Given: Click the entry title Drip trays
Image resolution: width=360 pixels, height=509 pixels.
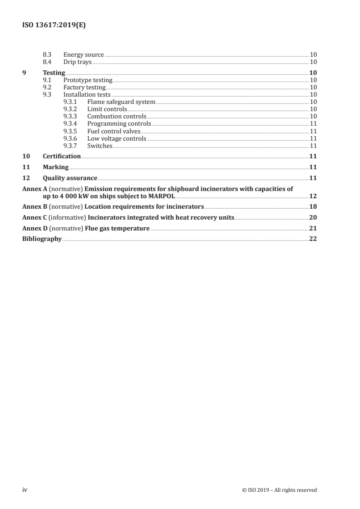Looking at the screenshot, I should [77, 62].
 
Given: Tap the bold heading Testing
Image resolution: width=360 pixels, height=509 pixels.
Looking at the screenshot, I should [54, 73].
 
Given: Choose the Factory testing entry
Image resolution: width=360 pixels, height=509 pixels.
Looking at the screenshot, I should [84, 87].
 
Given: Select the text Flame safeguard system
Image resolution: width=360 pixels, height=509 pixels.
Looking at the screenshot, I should [121, 102].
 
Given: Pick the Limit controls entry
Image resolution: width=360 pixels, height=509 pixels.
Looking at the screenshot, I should [107, 109].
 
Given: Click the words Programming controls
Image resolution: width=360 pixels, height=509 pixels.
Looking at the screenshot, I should [119, 123].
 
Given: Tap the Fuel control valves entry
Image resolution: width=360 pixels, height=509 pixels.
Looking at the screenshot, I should [114, 131].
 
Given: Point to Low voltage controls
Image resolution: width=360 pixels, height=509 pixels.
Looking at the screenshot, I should [117, 138].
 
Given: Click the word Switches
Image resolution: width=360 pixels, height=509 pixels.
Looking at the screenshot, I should [100, 146].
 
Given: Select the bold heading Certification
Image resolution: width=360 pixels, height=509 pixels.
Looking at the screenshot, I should [62, 156].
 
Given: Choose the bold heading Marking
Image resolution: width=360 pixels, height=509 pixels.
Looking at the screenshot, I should [55, 167].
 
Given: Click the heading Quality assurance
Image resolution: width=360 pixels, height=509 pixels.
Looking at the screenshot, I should [70, 178].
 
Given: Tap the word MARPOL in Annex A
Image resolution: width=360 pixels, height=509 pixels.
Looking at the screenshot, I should [161, 196].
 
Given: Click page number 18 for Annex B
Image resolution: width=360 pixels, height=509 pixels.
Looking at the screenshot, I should [313, 206].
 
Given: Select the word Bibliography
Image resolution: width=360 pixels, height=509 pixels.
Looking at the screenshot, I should [42, 239].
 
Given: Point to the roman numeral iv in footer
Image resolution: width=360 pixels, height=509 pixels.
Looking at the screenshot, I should [25, 489].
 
